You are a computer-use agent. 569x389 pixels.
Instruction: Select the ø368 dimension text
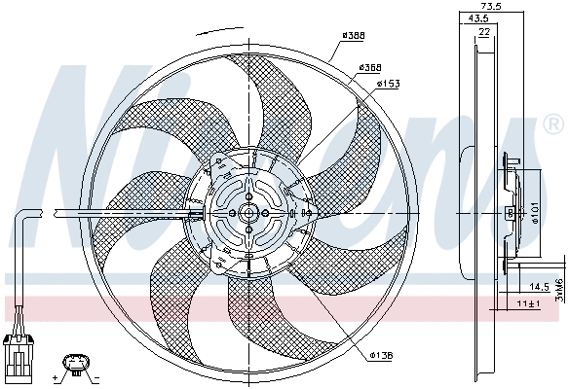click(368, 67)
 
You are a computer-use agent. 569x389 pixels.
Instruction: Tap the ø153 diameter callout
click(390, 85)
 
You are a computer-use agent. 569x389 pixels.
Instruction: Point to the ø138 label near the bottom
click(381, 355)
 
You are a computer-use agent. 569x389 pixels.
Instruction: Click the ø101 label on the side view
click(534, 211)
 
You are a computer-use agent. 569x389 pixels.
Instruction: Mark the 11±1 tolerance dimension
click(528, 304)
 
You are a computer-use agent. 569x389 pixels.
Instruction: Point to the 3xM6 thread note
click(559, 290)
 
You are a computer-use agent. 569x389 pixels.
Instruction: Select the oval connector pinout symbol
click(75, 365)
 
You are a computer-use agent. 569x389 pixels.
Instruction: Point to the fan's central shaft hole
click(249, 213)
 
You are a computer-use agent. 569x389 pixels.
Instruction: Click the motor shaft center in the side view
click(511, 211)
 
